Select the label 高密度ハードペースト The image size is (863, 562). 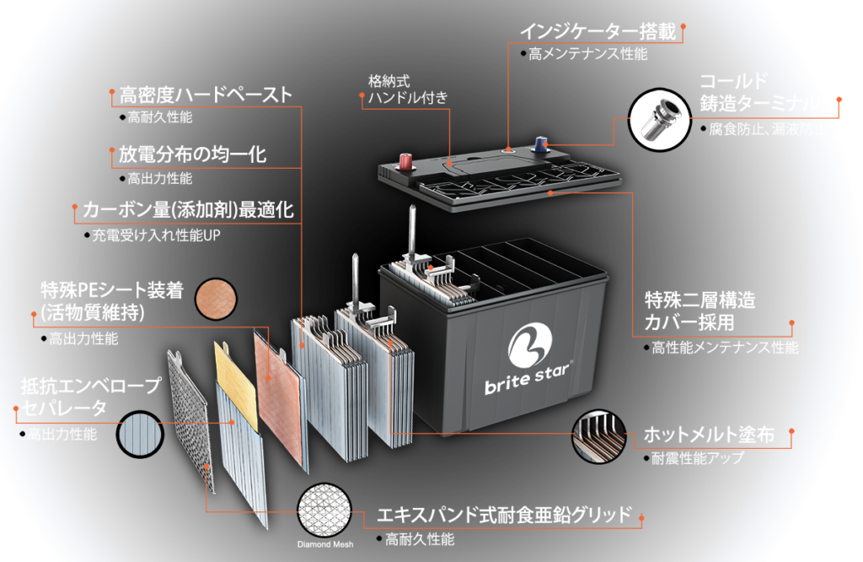pos(205,94)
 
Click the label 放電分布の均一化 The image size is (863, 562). pos(192,155)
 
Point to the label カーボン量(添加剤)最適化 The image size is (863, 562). pos(188,209)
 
